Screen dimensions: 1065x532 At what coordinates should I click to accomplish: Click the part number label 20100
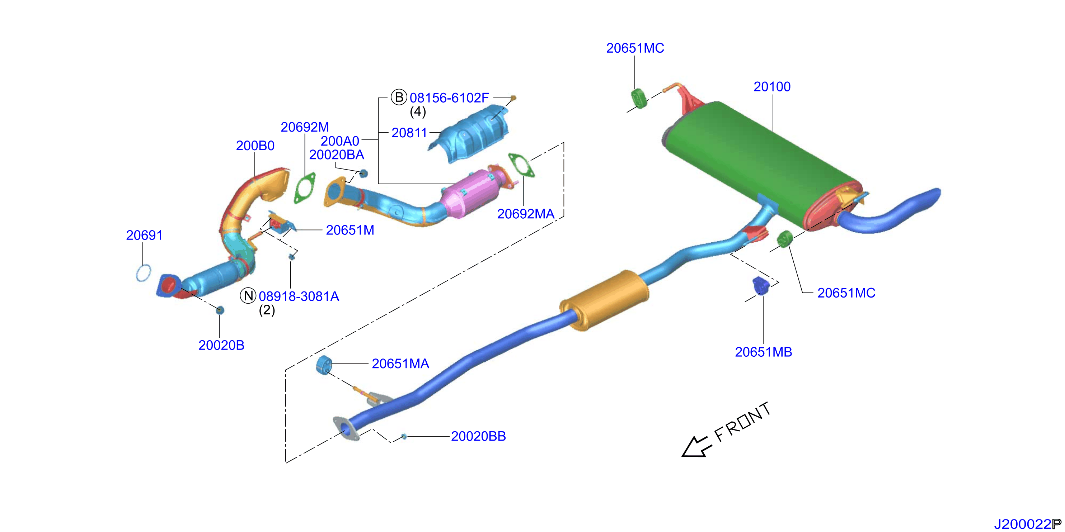pos(772,87)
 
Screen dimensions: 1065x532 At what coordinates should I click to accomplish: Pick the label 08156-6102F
pos(449,98)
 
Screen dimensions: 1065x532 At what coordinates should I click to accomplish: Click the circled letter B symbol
pos(399,98)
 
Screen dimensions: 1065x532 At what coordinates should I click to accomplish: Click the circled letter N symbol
pos(248,296)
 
